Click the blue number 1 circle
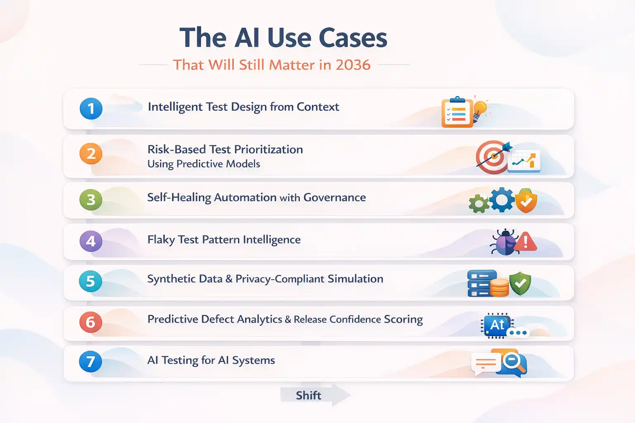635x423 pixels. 91,109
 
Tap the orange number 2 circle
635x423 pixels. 91,154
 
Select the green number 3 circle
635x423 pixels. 91,200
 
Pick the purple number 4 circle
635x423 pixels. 91,241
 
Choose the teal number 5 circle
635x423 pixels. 91,281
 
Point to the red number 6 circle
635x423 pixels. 91,322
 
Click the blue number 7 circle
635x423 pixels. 91,361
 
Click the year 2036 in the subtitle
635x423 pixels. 353,65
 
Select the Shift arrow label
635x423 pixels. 309,395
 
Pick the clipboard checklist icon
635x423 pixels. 457,112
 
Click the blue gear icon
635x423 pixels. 502,200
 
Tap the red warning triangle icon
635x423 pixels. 526,242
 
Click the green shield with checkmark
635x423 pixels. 520,284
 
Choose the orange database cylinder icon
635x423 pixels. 499,288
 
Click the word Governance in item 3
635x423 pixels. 334,197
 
